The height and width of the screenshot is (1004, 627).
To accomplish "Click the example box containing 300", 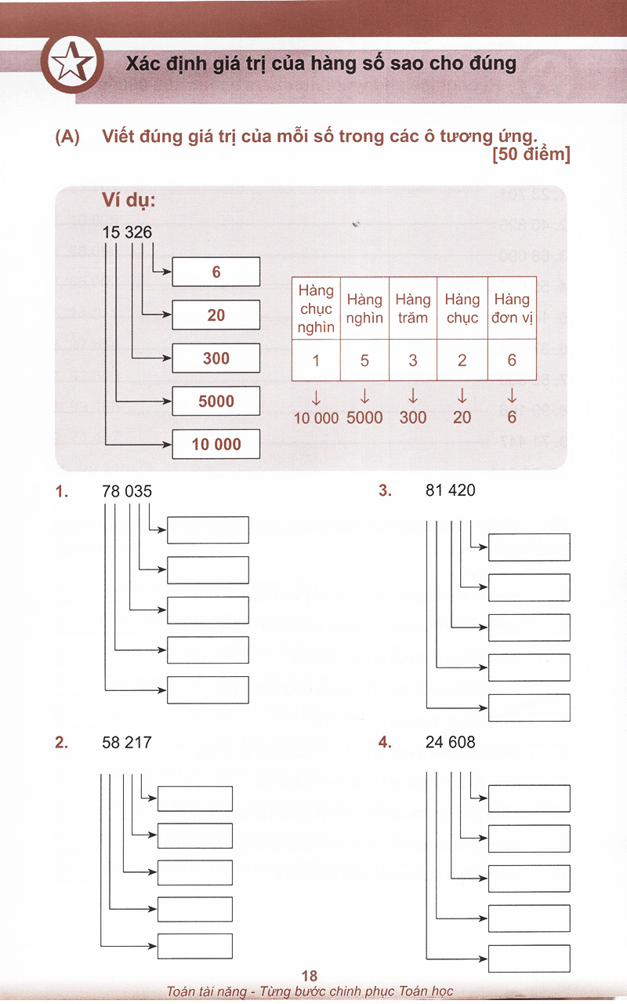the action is click(x=216, y=358).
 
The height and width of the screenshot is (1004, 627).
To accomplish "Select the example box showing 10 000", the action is click(x=216, y=444).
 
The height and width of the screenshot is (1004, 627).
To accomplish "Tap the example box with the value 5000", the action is click(x=216, y=401).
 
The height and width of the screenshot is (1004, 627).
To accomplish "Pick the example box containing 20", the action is click(x=216, y=315).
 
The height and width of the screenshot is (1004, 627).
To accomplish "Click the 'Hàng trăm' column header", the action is click(x=413, y=308).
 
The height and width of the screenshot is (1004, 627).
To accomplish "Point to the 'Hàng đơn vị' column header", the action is click(x=512, y=308).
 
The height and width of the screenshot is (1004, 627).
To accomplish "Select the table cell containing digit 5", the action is click(x=364, y=360).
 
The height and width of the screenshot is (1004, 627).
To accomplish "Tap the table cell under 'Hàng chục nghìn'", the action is click(x=316, y=360).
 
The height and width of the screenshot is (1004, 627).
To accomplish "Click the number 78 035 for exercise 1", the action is click(x=127, y=491).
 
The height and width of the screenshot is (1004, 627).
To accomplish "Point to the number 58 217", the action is click(x=127, y=743).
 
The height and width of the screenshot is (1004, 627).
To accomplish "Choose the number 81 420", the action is click(x=450, y=490).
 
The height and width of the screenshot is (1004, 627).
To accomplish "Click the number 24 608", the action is click(x=450, y=742).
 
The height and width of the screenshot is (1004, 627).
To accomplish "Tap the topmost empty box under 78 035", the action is click(x=208, y=529).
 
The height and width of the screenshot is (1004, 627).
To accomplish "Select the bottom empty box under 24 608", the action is click(x=529, y=959).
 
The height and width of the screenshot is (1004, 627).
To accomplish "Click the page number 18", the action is click(x=310, y=976).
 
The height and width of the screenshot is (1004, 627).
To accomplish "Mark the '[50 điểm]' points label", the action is click(x=531, y=155).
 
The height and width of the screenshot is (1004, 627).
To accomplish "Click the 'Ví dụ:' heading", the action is click(x=129, y=200).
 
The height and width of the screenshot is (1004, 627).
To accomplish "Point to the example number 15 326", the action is click(x=127, y=232).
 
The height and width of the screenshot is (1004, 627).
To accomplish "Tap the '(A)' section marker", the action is click(x=67, y=136).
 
